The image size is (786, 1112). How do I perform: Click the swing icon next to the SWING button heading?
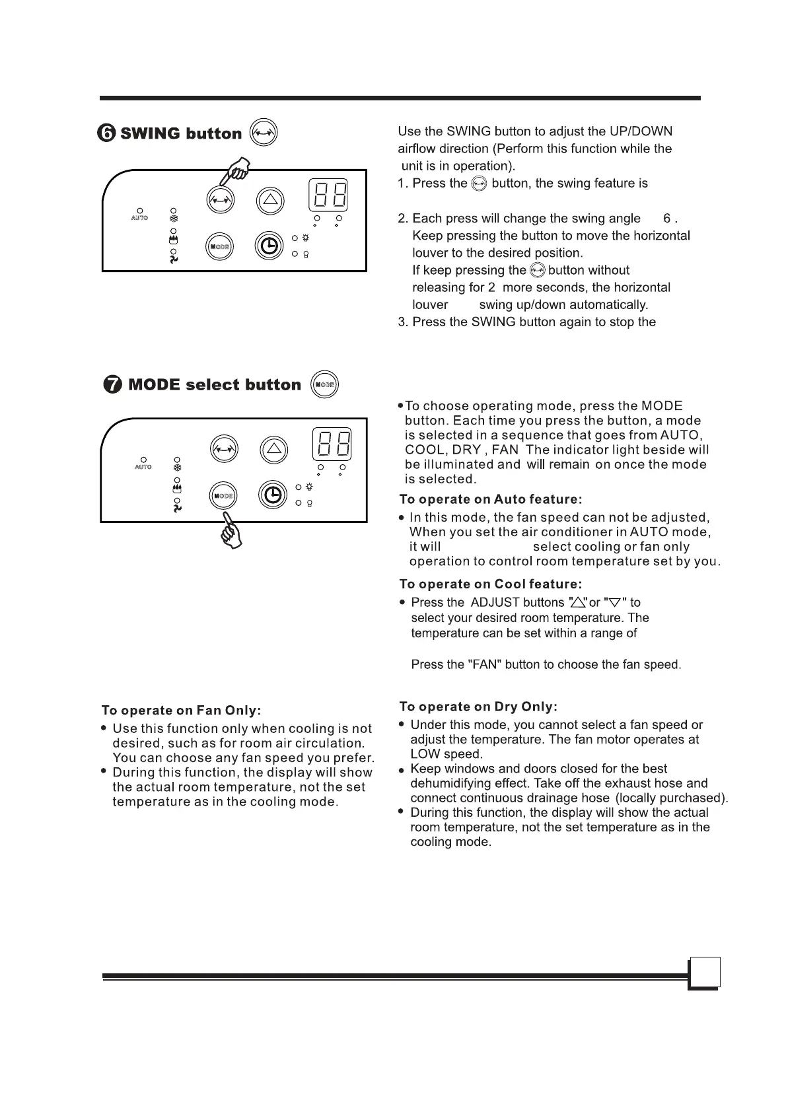pyautogui.click(x=264, y=132)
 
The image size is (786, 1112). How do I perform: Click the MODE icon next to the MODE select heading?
pyautogui.click(x=324, y=384)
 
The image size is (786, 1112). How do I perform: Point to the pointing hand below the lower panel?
pyautogui.click(x=232, y=530)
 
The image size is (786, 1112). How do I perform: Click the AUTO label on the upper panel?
pyautogui.click(x=139, y=218)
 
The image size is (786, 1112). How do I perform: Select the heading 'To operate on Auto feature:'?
pyautogui.click(x=491, y=500)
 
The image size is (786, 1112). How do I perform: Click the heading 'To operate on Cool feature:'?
pyautogui.click(x=491, y=584)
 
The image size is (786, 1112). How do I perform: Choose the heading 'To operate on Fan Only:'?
pyautogui.click(x=181, y=711)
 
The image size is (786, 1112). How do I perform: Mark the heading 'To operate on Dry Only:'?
pyautogui.click(x=478, y=707)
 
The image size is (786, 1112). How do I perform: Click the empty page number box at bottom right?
pyautogui.click(x=704, y=973)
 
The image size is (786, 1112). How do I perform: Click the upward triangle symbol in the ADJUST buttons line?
pyautogui.click(x=579, y=602)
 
